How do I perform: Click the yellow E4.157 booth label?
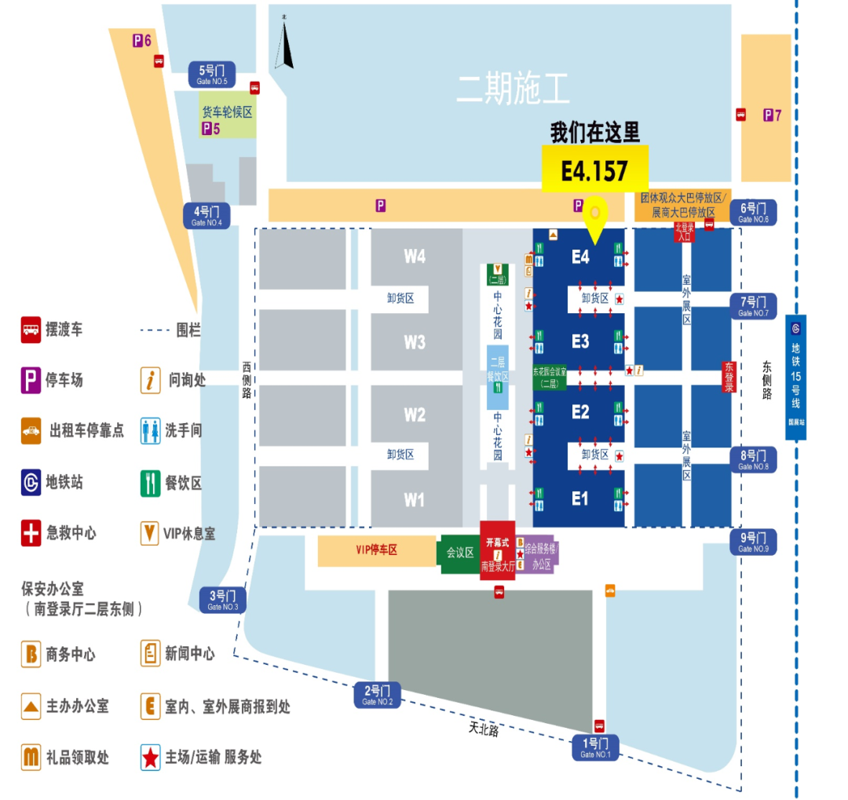pyautogui.click(x=594, y=170)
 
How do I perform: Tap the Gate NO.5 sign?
pyautogui.click(x=211, y=75)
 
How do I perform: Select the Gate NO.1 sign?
pyautogui.click(x=594, y=747)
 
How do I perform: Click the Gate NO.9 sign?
pyautogui.click(x=753, y=542)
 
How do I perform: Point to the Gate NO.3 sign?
pyautogui.click(x=222, y=600)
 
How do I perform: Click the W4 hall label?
pyautogui.click(x=415, y=256)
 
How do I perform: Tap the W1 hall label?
pyautogui.click(x=415, y=499)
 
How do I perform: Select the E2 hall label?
pyautogui.click(x=580, y=412)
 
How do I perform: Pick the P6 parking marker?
pyautogui.click(x=142, y=40)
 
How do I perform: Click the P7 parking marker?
pyautogui.click(x=773, y=115)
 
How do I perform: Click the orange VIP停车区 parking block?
pyautogui.click(x=377, y=550)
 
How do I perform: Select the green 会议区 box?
pyautogui.click(x=459, y=553)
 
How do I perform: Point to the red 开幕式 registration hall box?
pyautogui.click(x=498, y=553)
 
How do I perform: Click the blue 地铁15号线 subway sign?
pyautogui.click(x=795, y=377)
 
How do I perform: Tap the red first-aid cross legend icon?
pyautogui.click(x=31, y=533)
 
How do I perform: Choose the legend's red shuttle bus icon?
pyautogui.click(x=31, y=330)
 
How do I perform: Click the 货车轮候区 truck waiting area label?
pyautogui.click(x=227, y=112)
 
